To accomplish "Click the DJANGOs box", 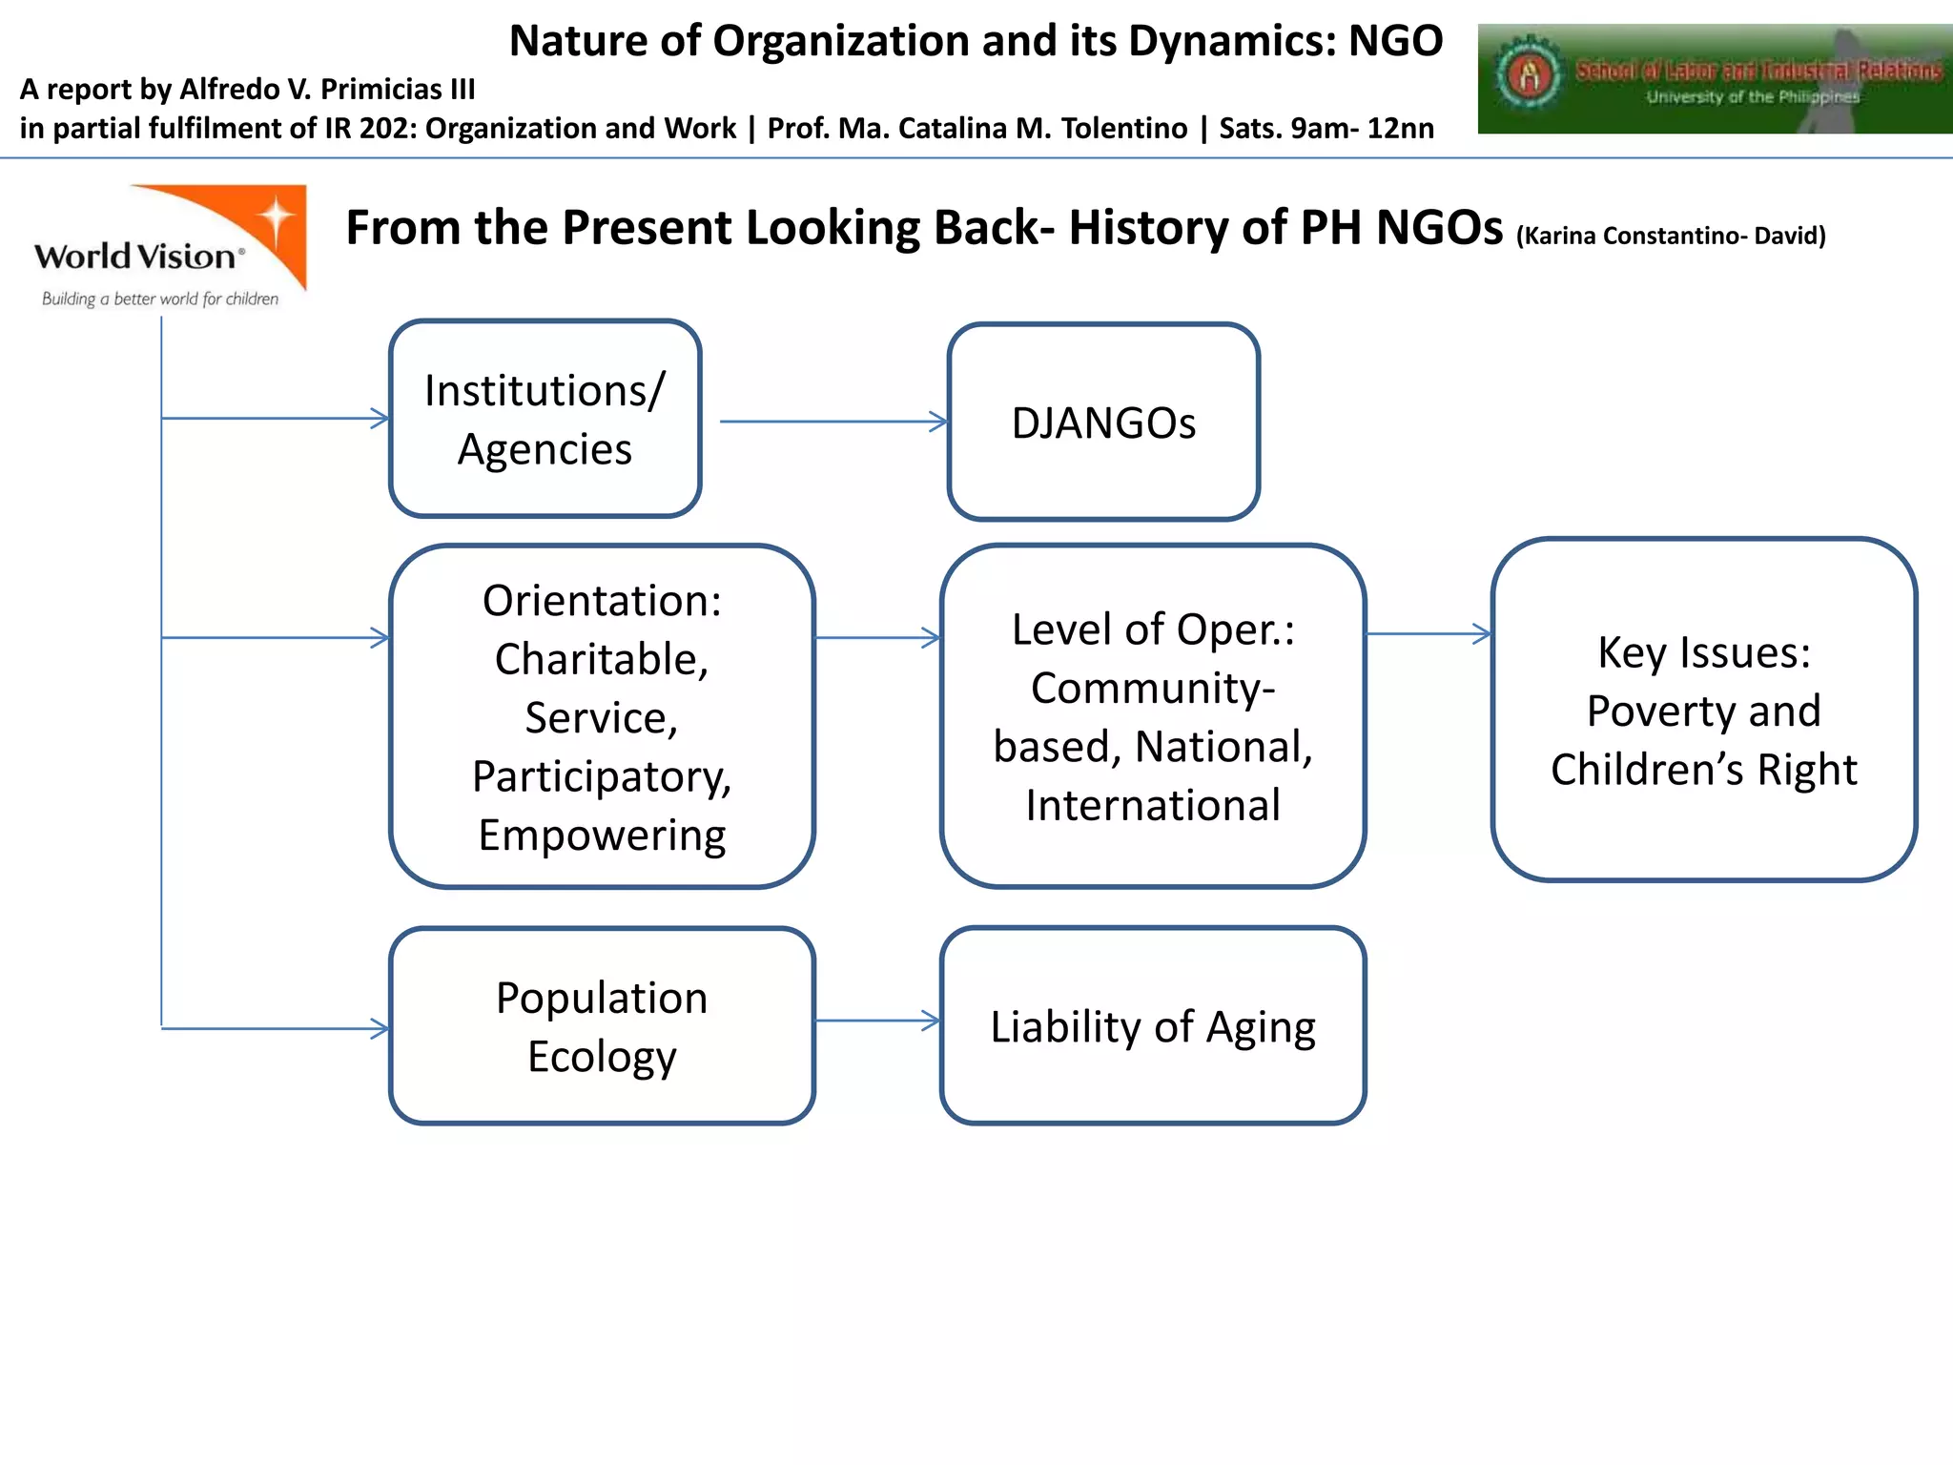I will (1103, 423).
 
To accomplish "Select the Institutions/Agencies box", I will (545, 419).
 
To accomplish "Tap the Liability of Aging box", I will (1153, 1026).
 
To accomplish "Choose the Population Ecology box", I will (602, 1026).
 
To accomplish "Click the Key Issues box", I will (1704, 710).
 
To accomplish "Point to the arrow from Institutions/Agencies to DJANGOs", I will (833, 422).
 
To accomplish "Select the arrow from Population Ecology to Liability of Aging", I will (877, 1021).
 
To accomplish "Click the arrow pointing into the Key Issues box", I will (1429, 633).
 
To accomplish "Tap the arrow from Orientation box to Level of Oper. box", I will (877, 637).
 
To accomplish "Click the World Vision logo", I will (170, 246).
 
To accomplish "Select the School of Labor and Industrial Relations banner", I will (1715, 79).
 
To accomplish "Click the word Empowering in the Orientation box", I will (602, 836).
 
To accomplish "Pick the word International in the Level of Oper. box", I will (1153, 806).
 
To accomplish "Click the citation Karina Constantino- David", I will (1671, 236).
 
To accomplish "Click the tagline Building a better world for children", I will (160, 299).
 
